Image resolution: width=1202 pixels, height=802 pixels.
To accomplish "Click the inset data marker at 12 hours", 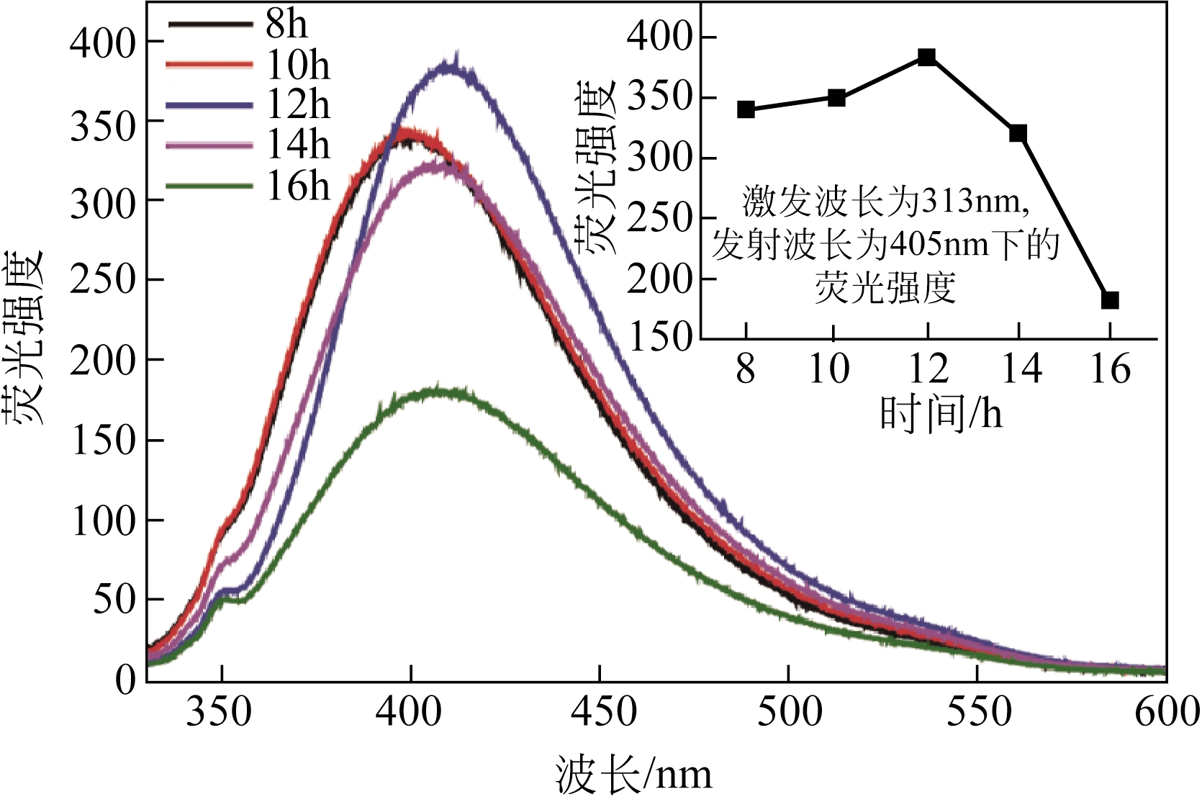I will pos(927,57).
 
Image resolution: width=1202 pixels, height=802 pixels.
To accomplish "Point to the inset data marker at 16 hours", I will pos(1110,299).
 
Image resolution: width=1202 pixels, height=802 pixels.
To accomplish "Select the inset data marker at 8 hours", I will pos(746,109).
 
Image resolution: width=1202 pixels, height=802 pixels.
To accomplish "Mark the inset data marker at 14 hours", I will pos(1018,133).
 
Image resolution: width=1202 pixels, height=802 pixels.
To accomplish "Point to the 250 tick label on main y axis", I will pos(103,280).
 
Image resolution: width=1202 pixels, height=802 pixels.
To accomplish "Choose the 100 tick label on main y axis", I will pos(103,521).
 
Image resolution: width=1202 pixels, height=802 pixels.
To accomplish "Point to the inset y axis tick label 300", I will pos(659,158).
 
